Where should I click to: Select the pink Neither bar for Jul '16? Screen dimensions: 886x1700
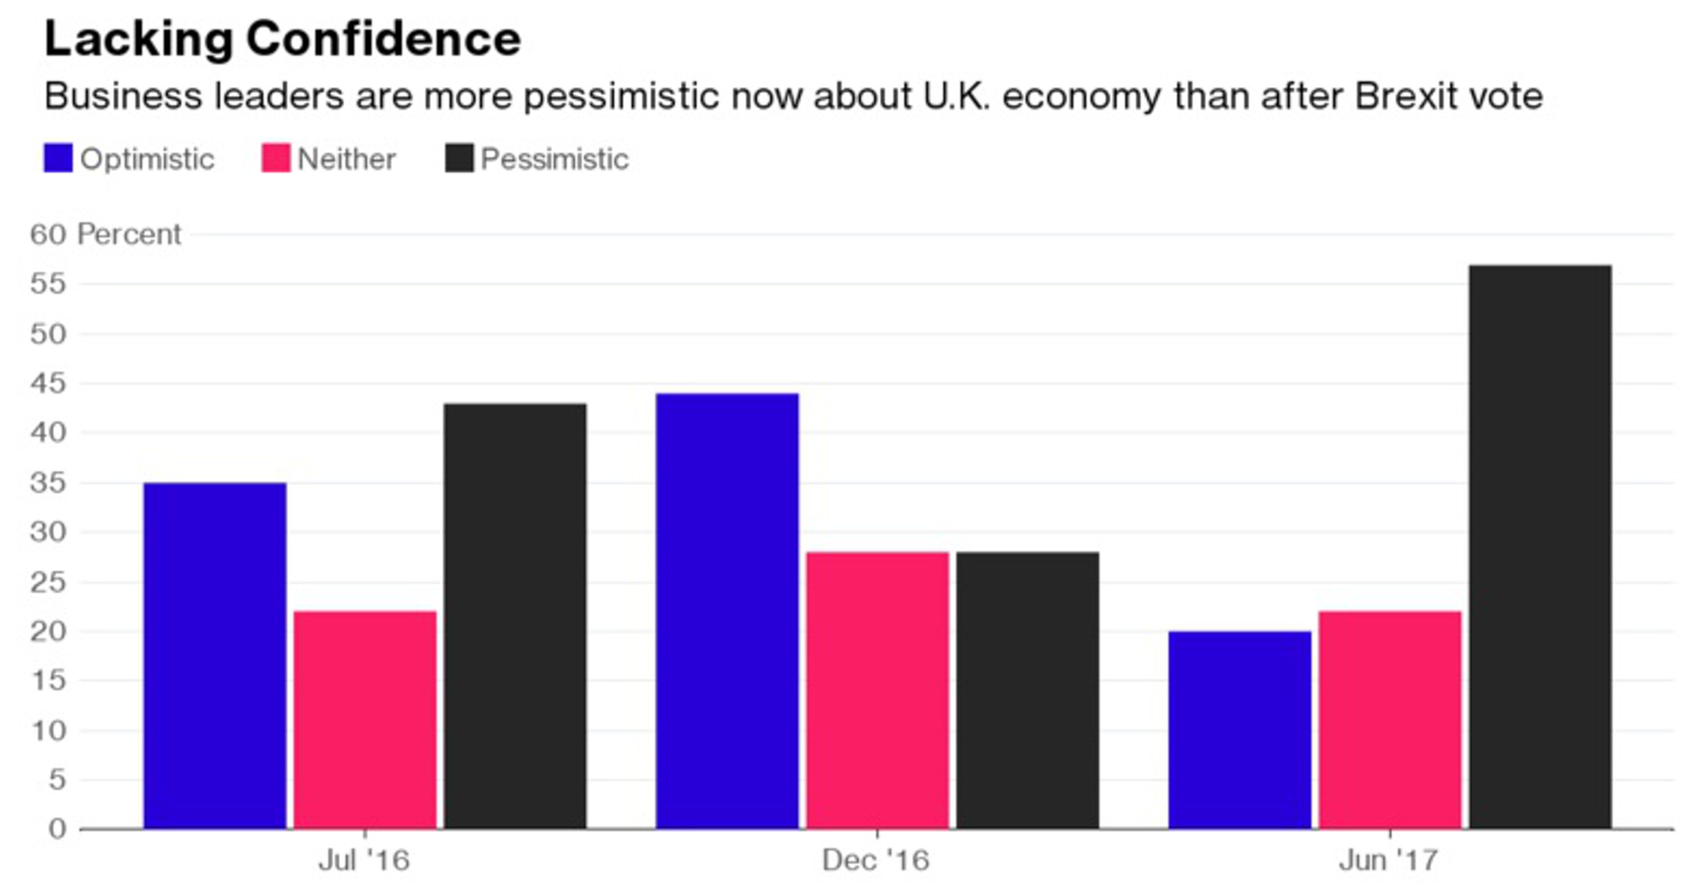click(x=365, y=719)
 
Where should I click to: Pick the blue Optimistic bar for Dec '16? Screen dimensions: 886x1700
click(x=727, y=611)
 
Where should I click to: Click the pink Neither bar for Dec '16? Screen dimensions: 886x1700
click(x=877, y=690)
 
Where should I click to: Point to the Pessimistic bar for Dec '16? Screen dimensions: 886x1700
click(x=1027, y=690)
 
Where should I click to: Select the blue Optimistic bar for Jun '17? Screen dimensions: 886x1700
click(x=1240, y=730)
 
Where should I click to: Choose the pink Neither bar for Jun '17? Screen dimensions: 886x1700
click(x=1390, y=719)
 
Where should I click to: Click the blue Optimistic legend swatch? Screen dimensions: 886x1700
click(x=58, y=158)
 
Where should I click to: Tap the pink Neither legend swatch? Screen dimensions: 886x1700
click(x=275, y=158)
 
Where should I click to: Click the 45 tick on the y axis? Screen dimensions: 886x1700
click(x=48, y=383)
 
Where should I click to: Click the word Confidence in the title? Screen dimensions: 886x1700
click(x=383, y=39)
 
